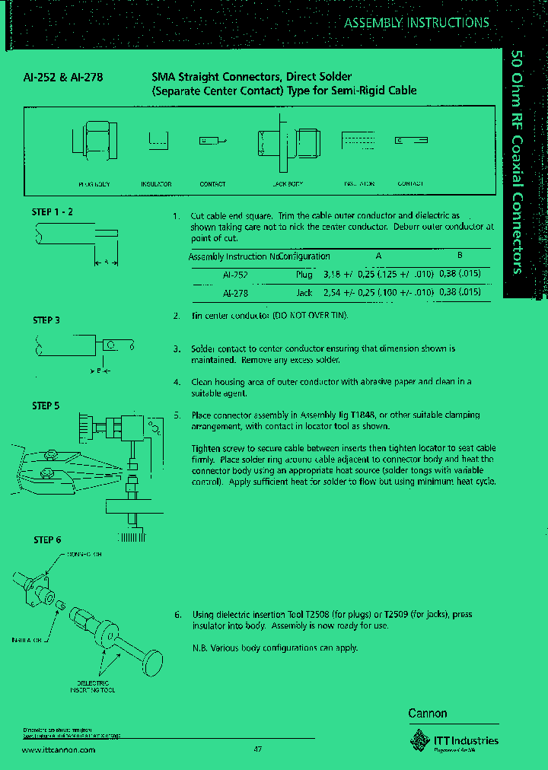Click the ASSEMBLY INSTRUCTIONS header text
click(416, 23)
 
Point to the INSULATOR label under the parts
click(156, 184)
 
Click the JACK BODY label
click(287, 184)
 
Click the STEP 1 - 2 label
click(53, 212)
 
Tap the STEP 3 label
click(46, 320)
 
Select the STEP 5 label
click(46, 406)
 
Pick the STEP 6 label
click(47, 540)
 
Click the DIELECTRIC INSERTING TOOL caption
click(91, 689)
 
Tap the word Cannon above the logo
click(428, 714)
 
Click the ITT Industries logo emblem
click(419, 740)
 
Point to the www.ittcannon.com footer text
click(59, 749)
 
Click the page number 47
click(257, 749)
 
